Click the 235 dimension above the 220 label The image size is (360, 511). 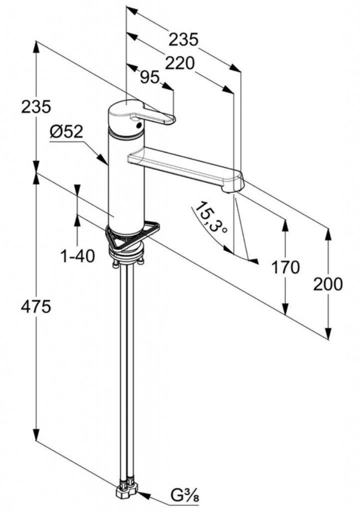[x=183, y=39]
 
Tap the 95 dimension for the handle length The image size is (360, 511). [x=149, y=77]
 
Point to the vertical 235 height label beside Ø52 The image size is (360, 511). [x=36, y=106]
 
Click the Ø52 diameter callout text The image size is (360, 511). [x=66, y=132]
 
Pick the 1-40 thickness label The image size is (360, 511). [x=77, y=256]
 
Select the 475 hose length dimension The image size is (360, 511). [x=36, y=307]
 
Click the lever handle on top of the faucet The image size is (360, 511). [x=145, y=114]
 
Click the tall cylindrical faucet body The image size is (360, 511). [x=126, y=180]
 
